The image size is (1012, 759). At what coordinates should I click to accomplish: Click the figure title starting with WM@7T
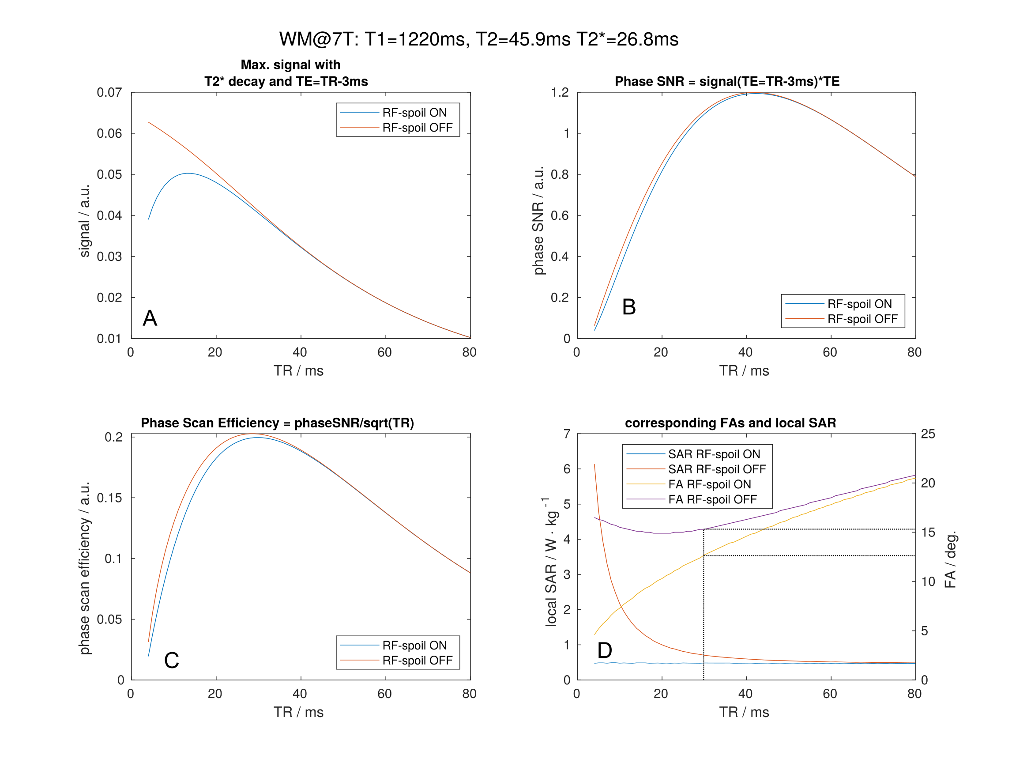[478, 39]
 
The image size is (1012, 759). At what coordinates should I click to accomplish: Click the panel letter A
[150, 318]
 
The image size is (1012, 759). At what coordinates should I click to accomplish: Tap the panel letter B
[628, 307]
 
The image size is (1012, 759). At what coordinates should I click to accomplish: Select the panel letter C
[172, 660]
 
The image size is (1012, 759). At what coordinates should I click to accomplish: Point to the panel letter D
[604, 650]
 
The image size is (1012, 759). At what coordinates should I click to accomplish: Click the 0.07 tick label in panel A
[109, 92]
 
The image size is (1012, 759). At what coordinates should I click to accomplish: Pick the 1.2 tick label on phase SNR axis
[560, 92]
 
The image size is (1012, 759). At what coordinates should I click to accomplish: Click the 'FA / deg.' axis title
[950, 559]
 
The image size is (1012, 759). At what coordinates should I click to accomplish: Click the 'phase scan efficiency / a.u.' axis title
[85, 568]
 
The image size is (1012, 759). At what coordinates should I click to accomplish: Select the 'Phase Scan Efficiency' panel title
[277, 423]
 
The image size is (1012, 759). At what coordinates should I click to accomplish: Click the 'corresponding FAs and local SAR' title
[730, 423]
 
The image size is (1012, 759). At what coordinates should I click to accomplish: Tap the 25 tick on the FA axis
[928, 434]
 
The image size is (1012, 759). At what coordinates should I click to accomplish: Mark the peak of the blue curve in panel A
[188, 173]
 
